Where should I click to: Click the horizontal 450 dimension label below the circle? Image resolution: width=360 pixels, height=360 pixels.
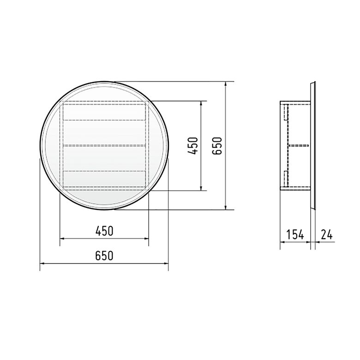point(104,231)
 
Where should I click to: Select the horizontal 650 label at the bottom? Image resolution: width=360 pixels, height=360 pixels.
point(104,256)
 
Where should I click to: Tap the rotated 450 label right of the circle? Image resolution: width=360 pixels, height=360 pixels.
point(192,146)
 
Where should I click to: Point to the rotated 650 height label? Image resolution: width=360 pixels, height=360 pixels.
point(217,146)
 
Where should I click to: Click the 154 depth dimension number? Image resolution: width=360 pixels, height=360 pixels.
point(295,234)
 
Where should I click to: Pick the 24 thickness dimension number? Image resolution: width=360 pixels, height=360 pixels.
point(326,234)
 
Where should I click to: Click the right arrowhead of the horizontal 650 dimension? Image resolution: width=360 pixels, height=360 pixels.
point(166,264)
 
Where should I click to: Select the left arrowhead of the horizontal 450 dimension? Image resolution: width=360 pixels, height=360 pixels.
point(62,239)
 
